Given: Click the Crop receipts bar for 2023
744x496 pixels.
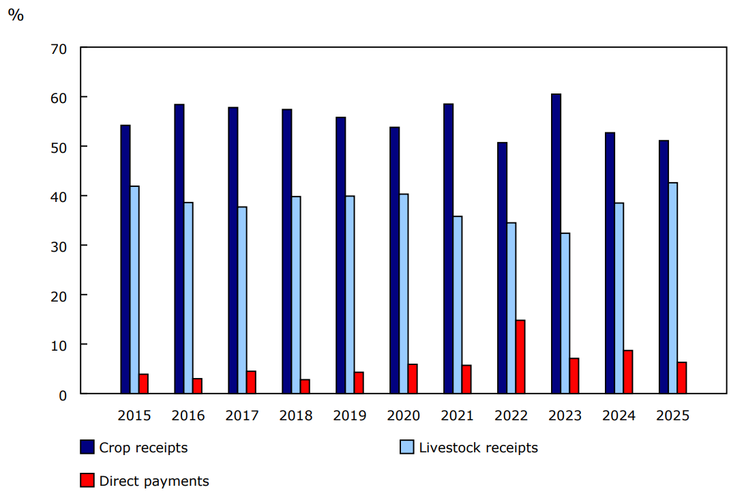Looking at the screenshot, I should (x=556, y=244).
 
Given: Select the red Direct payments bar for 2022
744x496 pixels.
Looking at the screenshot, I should (x=520, y=357).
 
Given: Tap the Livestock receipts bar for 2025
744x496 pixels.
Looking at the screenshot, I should (x=673, y=288).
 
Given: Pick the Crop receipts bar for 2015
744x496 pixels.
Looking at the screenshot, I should (x=125, y=259).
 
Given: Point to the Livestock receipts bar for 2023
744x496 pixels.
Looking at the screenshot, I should (x=565, y=313).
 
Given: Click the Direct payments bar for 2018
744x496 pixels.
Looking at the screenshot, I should (x=305, y=386).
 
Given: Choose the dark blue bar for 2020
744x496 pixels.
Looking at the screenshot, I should (x=395, y=260).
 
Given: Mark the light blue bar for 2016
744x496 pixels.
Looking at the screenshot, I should (x=188, y=297).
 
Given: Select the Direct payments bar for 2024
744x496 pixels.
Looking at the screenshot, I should (x=628, y=372).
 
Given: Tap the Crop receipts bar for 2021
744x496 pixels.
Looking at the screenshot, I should (x=449, y=248).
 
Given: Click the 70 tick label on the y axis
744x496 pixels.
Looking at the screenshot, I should (x=58, y=48).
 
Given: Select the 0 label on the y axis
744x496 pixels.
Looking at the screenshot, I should (x=62, y=394).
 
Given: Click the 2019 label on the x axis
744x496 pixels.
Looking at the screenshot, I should (x=350, y=415).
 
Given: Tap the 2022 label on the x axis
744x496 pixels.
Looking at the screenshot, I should (x=511, y=415).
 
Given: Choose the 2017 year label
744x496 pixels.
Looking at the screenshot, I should (x=242, y=415).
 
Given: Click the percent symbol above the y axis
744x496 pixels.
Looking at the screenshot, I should (x=15, y=15).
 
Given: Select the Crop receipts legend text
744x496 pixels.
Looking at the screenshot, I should (x=143, y=448).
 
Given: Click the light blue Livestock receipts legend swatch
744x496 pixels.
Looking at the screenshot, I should (x=406, y=448).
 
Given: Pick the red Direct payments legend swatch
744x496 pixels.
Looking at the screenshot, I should (x=87, y=481).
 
